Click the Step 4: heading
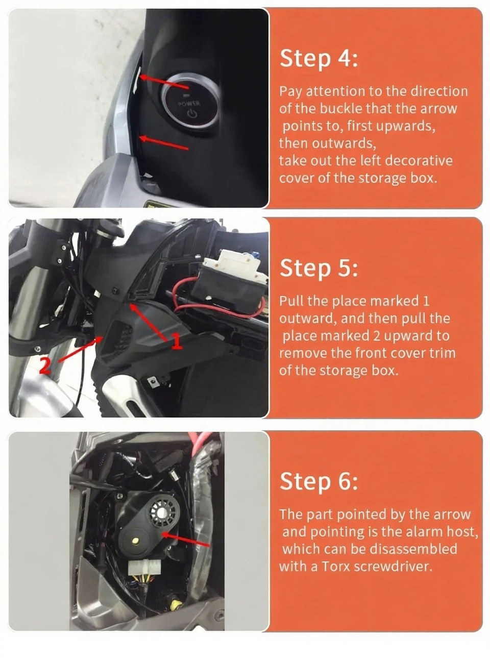pyautogui.click(x=318, y=59)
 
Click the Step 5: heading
pyautogui.click(x=318, y=268)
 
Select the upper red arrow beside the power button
pyautogui.click(x=164, y=82)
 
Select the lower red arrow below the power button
pyautogui.click(x=164, y=142)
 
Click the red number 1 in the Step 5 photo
pyautogui.click(x=177, y=341)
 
